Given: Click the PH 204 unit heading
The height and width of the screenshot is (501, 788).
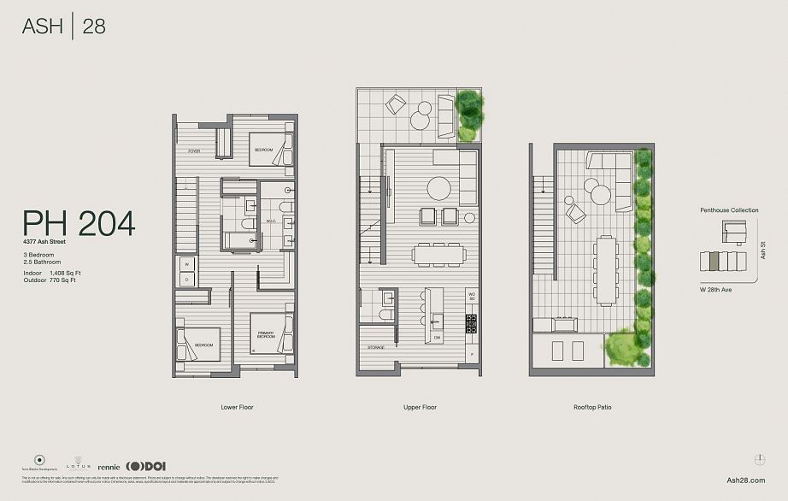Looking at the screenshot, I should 79,223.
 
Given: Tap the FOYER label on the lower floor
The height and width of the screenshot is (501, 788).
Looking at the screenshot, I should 195,151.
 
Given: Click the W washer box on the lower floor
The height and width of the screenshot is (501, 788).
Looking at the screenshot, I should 185,264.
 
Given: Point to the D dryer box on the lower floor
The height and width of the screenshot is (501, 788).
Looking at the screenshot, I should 185,279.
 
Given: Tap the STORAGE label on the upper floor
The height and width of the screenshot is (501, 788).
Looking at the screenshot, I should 376,347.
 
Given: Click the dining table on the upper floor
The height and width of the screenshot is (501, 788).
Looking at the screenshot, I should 439,254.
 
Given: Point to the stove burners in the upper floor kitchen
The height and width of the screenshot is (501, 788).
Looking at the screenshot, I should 470,323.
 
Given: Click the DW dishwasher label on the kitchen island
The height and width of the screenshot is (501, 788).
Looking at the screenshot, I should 437,337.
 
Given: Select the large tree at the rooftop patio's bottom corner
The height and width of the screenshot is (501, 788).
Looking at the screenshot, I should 621,345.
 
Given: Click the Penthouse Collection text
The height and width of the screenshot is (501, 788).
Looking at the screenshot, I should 729,209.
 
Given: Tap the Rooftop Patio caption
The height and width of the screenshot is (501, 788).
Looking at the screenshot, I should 591,407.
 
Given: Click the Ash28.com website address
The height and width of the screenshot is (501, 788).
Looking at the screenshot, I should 745,481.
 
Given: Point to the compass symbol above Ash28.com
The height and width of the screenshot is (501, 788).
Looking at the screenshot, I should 760,459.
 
